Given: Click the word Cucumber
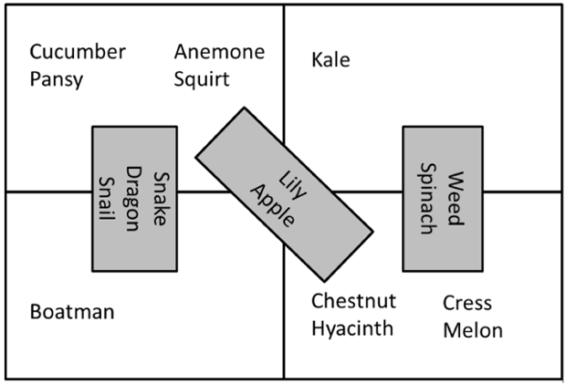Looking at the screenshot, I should point(78,51).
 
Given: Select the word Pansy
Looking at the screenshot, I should point(56,79).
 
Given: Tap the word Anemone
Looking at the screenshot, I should point(219,51).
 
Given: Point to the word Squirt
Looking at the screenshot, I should point(202,78).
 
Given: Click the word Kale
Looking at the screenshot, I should point(330,60).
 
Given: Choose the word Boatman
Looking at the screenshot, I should point(72,312).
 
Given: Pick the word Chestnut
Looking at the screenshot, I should point(352,300).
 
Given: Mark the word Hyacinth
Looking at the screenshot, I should point(352,328).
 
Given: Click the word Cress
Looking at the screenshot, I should point(467,303).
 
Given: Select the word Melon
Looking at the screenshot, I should point(472,330).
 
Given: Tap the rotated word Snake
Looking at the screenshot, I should point(162,198).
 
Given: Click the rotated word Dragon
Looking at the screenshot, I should point(134,198).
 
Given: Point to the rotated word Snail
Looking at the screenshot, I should point(107,198).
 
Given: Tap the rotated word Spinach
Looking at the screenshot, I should point(428,198).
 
